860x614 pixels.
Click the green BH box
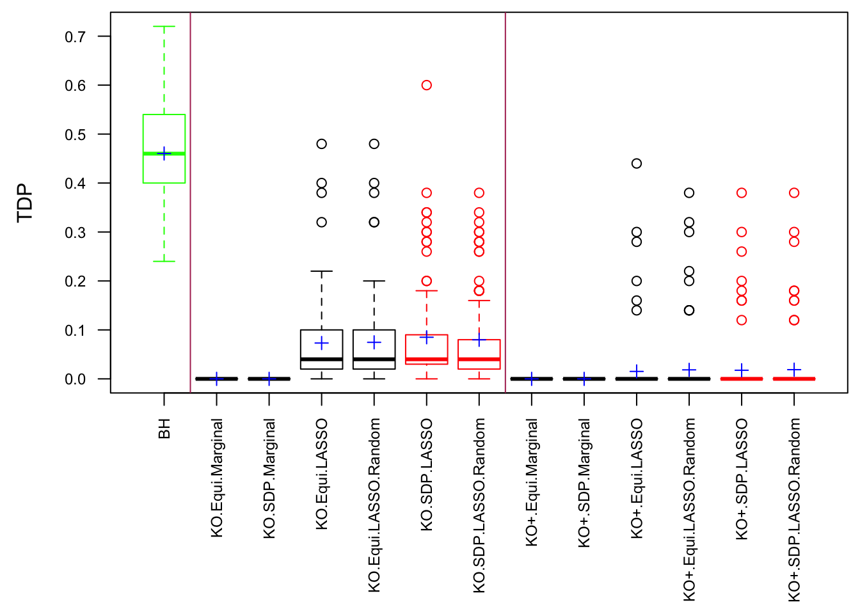tap(164, 134)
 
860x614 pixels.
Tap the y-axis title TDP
tap(25, 203)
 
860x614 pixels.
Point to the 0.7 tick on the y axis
tap(76, 37)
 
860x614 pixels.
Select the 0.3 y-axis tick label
tap(76, 233)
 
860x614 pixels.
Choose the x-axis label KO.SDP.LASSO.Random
tap(479, 505)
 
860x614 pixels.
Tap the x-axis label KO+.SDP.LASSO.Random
tap(794, 510)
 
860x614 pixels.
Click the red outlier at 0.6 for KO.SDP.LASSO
tap(427, 85)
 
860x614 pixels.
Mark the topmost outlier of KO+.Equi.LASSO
tap(637, 164)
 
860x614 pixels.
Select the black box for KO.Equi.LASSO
tap(322, 349)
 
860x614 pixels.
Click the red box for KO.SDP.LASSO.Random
tap(479, 354)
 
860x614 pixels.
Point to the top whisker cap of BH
tap(164, 27)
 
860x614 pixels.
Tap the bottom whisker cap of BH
tap(164, 261)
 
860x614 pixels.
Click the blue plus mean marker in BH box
tap(164, 154)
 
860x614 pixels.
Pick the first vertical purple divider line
tap(191, 192)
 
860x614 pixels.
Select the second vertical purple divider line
tap(506, 192)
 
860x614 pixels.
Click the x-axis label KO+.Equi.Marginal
tap(532, 482)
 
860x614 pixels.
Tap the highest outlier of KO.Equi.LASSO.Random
tap(374, 144)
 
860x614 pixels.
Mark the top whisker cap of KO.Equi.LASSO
tap(322, 271)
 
